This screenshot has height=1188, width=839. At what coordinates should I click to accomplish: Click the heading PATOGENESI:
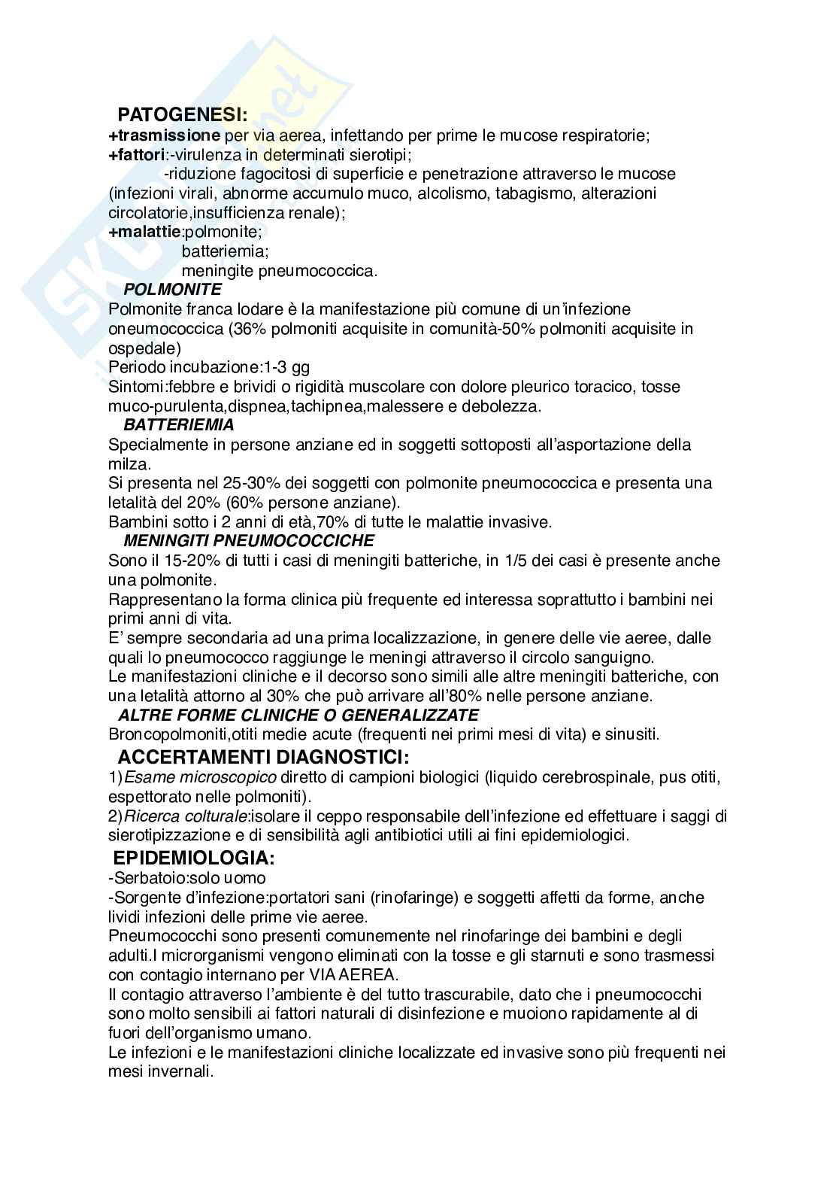pyautogui.click(x=183, y=115)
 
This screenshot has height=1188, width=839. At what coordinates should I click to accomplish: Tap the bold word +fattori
pyautogui.click(x=138, y=155)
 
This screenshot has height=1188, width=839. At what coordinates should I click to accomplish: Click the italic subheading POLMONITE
pyautogui.click(x=173, y=289)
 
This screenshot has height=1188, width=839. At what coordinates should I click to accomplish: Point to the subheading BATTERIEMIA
pyautogui.click(x=179, y=424)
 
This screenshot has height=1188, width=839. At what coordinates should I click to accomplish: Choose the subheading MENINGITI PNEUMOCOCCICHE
pyautogui.click(x=249, y=540)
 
